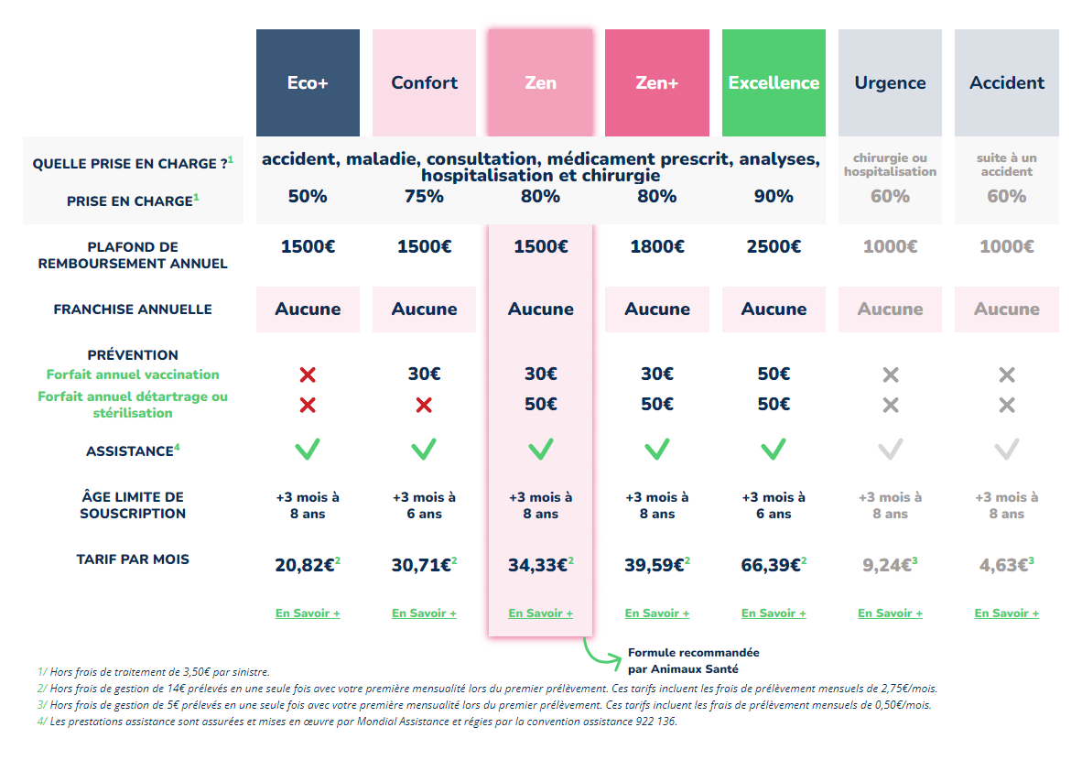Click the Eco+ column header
(x=308, y=82)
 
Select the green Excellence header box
(x=774, y=82)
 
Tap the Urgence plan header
(x=890, y=82)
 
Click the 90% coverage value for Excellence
(x=774, y=197)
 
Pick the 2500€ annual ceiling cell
(x=774, y=246)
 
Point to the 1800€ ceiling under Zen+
(x=657, y=246)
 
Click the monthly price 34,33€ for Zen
(x=541, y=565)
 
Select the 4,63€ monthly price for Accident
(x=1007, y=565)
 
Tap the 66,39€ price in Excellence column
(x=774, y=565)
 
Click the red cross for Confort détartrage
(x=425, y=406)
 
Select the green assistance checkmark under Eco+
(x=308, y=450)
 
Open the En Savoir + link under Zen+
(x=657, y=613)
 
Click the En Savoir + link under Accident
(x=1007, y=613)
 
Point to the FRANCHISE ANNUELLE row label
(x=133, y=309)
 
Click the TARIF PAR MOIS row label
(x=133, y=559)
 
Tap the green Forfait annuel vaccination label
(x=133, y=375)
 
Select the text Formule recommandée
(x=694, y=652)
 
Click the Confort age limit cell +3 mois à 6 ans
(x=425, y=505)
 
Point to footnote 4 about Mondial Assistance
(x=357, y=722)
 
